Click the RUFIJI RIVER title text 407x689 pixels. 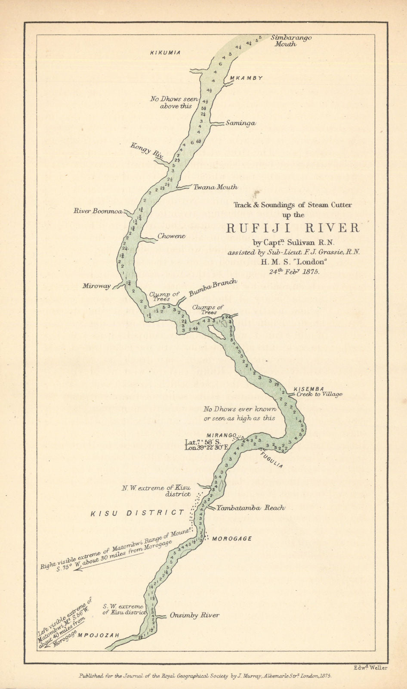pos(293,227)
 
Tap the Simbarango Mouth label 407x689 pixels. pos(291,40)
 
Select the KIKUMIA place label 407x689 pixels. pos(165,53)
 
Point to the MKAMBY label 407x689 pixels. pos(246,78)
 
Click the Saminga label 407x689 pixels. pos(240,124)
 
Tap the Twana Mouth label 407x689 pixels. pos(215,187)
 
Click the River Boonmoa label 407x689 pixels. pos(99,211)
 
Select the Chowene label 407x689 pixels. pos(171,236)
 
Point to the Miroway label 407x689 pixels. pos(97,286)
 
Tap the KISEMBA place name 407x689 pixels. pos(308,389)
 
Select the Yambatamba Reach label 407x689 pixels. pos(251,508)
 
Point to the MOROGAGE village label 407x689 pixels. pos(232,539)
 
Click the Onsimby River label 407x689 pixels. pos(194,615)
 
